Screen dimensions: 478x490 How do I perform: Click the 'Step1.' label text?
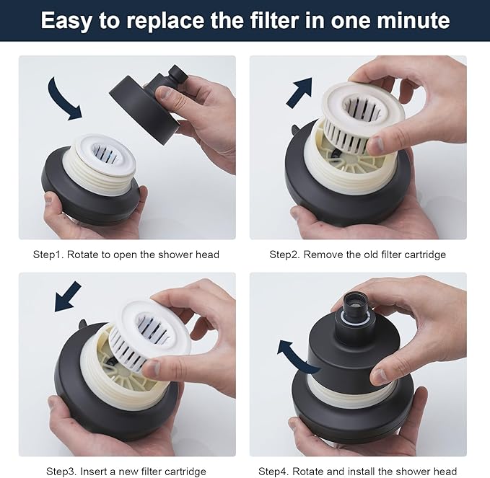point(48,255)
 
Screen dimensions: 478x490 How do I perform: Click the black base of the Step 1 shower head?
point(79,205)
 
